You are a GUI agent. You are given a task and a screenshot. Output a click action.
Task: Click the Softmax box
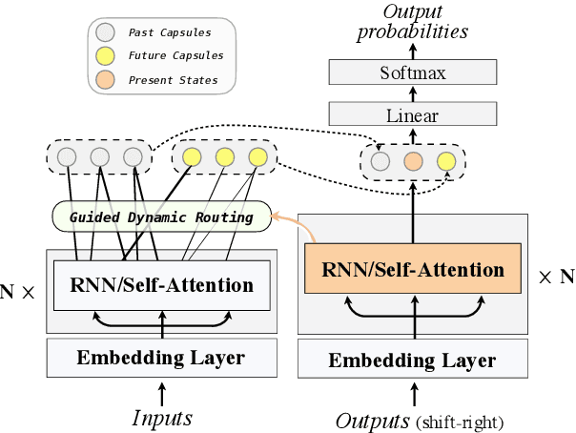point(413,72)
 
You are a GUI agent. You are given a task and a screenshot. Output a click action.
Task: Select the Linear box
point(413,115)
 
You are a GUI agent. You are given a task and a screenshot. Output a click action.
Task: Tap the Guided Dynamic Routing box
point(161,216)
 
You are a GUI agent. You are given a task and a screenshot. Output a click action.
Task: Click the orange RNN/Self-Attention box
point(413,269)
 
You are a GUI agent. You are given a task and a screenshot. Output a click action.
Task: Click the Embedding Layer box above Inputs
point(161,359)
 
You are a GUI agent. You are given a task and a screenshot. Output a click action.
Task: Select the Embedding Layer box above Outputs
point(413,361)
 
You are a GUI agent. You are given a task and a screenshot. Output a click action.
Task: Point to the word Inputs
point(161,418)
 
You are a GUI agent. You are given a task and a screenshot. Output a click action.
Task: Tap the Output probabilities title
point(413,21)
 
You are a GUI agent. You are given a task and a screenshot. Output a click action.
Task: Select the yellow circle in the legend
point(106,56)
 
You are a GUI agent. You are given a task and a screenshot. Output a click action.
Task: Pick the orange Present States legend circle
point(106,80)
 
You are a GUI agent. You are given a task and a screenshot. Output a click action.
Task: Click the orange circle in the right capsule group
point(413,160)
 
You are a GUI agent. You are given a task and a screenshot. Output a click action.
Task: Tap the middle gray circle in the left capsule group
point(99,157)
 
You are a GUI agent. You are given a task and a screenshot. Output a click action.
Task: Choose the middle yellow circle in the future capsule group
point(224,157)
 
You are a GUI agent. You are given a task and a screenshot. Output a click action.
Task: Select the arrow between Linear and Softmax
point(413,93)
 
